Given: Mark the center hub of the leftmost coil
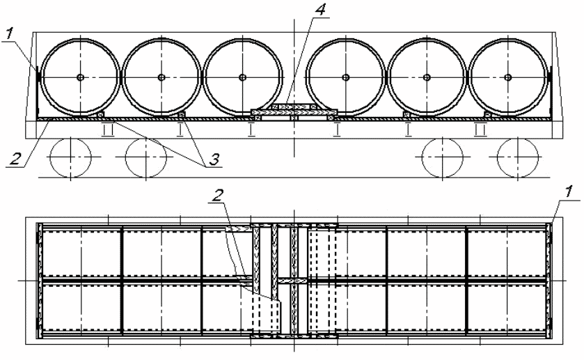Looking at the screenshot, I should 80,77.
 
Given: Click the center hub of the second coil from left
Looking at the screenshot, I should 161,77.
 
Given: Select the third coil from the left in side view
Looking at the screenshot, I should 243,77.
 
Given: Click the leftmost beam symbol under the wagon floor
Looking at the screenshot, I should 107,128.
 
